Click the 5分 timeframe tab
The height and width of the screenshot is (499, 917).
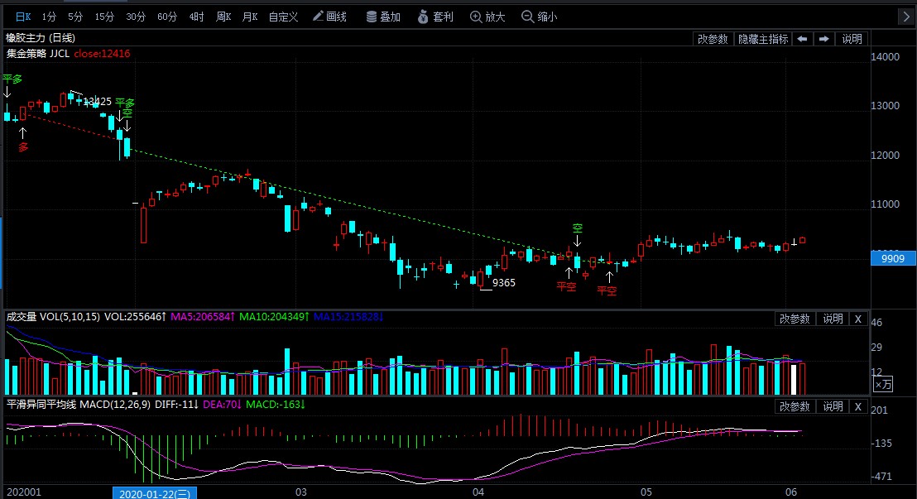pos(75,17)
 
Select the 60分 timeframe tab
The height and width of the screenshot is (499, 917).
pos(167,17)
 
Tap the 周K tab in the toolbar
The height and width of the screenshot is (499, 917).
pos(223,17)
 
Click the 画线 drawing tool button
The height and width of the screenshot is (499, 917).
pos(330,17)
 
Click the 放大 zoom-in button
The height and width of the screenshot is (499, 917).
pos(487,17)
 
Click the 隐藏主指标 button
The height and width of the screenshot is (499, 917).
pos(763,39)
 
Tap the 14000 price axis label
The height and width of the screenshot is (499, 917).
pos(886,57)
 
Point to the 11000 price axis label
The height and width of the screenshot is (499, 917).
pos(886,204)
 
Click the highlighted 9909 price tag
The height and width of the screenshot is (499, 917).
pos(892,258)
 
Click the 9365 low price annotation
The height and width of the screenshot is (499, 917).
pos(503,283)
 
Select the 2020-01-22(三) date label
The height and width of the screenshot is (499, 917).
pos(155,492)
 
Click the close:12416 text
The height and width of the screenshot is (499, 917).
pos(102,53)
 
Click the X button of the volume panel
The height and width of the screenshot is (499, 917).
pos(858,319)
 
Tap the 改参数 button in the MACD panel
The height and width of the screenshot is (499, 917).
pos(795,406)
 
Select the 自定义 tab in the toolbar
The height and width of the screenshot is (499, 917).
pos(283,17)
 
